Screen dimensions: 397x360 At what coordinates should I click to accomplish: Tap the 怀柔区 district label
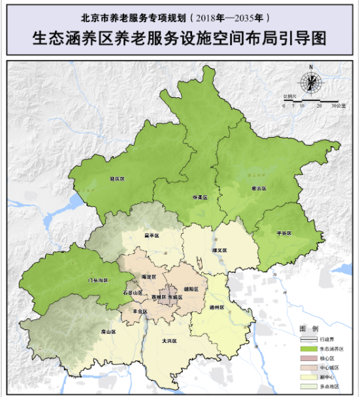[199, 197]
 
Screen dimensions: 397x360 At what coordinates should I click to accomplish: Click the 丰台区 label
[140, 311]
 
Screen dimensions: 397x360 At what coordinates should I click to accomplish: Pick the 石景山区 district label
[133, 293]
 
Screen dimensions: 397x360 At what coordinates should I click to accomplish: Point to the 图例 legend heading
[308, 328]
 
